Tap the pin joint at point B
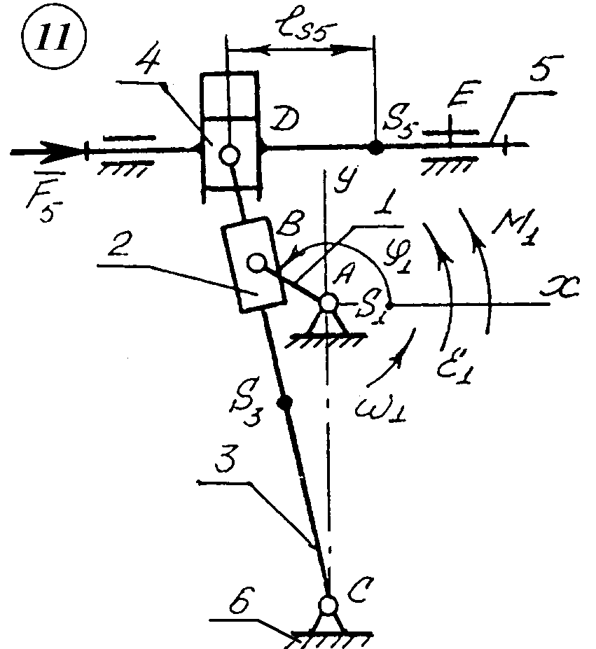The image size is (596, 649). pos(256,262)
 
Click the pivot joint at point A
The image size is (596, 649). pos(328,303)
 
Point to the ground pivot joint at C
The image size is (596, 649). pos(327,603)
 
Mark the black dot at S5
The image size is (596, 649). pos(376,147)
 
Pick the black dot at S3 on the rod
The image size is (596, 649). pos(284,403)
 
